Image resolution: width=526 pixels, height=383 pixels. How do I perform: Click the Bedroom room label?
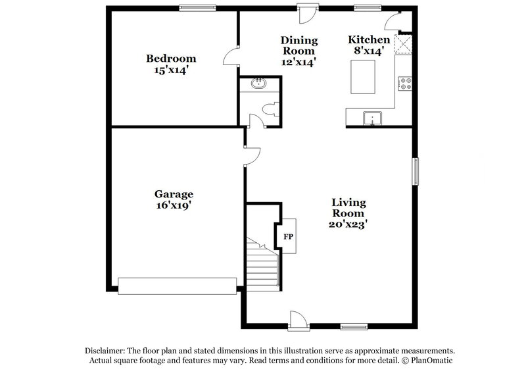pos(170,59)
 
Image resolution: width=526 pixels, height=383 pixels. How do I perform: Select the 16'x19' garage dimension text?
pos(174,205)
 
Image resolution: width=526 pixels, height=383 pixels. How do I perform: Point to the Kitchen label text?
pos(369,40)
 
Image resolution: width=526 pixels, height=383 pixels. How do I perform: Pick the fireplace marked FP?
pos(288,235)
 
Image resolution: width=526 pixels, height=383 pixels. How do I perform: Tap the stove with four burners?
pos(404,84)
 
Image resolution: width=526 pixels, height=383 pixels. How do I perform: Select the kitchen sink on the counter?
pos(373,118)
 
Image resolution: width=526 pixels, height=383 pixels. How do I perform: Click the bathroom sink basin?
pos(258,84)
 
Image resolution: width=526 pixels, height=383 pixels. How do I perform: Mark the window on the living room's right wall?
pos(416,171)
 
